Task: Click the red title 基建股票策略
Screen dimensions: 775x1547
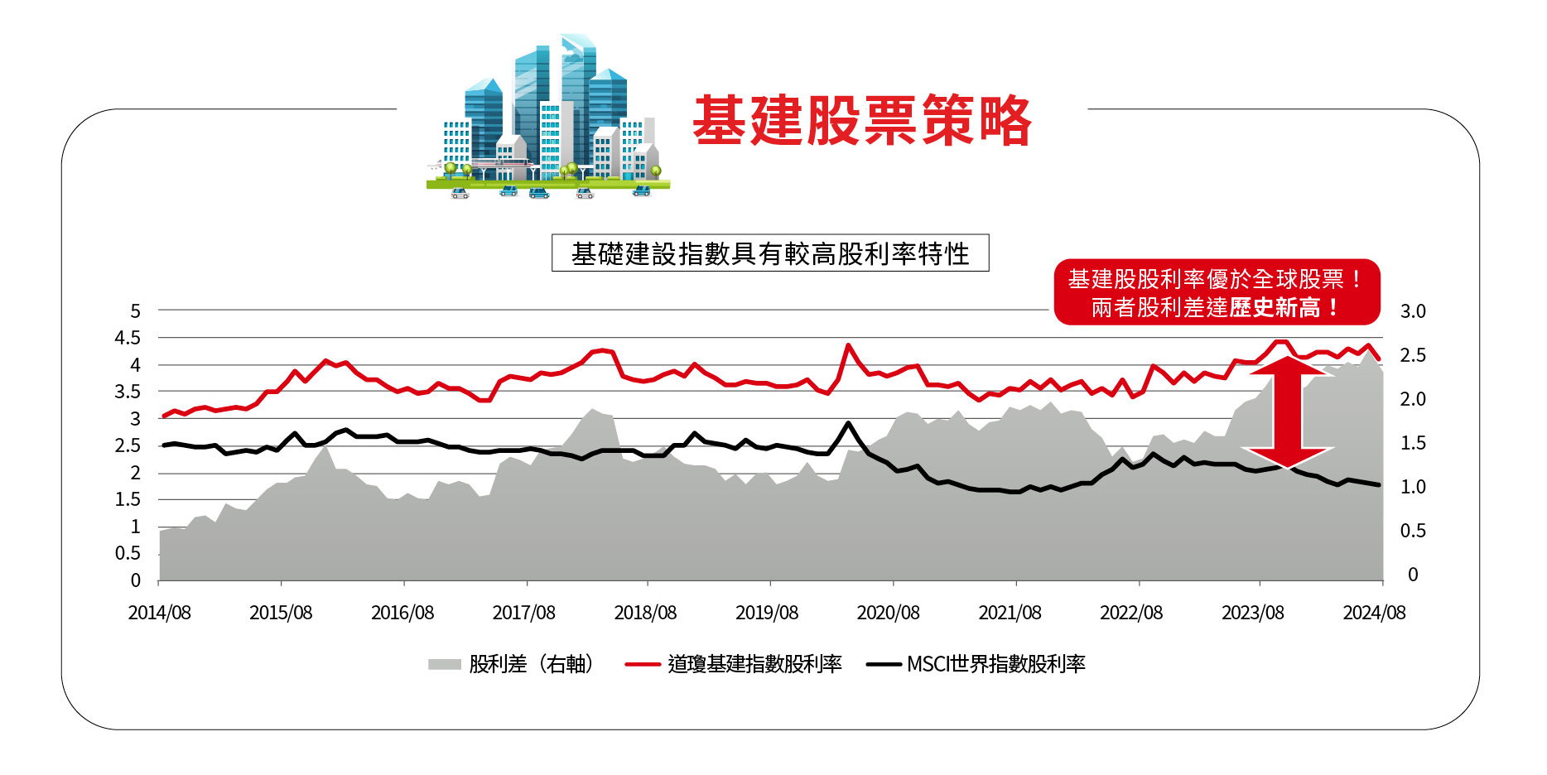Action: coord(861,121)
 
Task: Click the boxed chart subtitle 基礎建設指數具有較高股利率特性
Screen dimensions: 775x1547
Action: coord(770,253)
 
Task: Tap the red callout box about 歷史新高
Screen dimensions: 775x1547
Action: coord(1216,292)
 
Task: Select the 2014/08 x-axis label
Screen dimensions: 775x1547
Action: coord(159,613)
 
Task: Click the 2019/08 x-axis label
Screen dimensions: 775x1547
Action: coord(767,613)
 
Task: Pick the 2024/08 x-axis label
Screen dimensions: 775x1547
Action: coord(1374,613)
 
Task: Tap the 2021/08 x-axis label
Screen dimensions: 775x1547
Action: coord(1010,613)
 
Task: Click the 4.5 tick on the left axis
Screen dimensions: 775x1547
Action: coord(128,338)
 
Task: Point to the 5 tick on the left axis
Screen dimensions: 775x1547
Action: coord(136,311)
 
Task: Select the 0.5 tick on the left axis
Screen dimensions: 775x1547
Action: coord(128,553)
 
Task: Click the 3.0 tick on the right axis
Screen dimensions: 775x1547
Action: coord(1413,311)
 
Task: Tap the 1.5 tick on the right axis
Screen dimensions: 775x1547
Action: coord(1413,443)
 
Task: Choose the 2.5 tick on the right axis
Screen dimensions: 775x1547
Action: coord(1413,355)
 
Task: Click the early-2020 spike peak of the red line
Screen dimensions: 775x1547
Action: coord(848,345)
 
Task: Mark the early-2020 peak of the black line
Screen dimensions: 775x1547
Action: coord(848,424)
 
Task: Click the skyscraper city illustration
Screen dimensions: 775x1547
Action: coord(547,116)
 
